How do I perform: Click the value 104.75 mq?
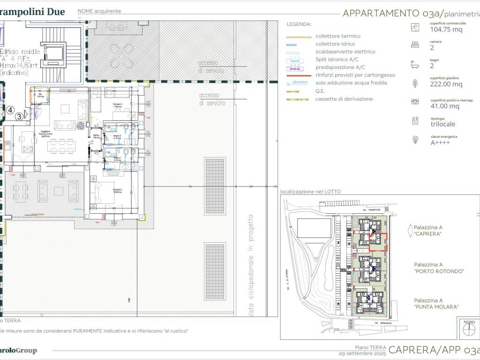[446, 29]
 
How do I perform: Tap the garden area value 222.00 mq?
[446, 84]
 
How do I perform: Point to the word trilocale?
[442, 124]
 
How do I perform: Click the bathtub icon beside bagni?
[415, 63]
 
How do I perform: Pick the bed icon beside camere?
[415, 45]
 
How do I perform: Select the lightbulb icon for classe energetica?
[415, 140]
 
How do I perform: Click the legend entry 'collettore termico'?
[337, 36]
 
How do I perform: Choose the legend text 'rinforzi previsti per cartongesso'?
[355, 75]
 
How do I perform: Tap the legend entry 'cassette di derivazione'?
[344, 99]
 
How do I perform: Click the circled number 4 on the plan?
[9, 111]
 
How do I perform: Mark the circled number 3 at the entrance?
[19, 117]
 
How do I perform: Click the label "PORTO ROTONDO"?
[439, 271]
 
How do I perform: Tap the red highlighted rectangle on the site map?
[378, 242]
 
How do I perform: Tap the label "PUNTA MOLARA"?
[436, 307]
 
